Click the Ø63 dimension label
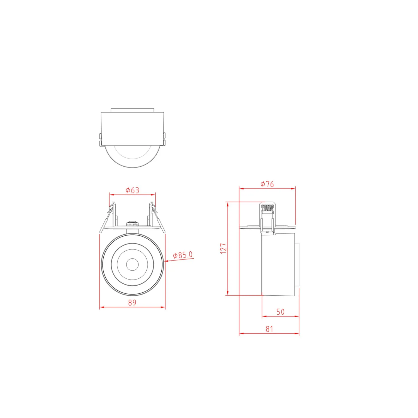pos(132,190)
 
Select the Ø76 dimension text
pos(267,184)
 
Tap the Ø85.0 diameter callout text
pos(183,255)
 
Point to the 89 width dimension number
pos(132,303)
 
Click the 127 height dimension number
pos(223,248)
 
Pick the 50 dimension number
pos(281,312)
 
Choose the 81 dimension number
pos(269,329)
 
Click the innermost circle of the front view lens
pos(132,264)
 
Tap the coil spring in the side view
pos(268,208)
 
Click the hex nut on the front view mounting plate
pos(132,223)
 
